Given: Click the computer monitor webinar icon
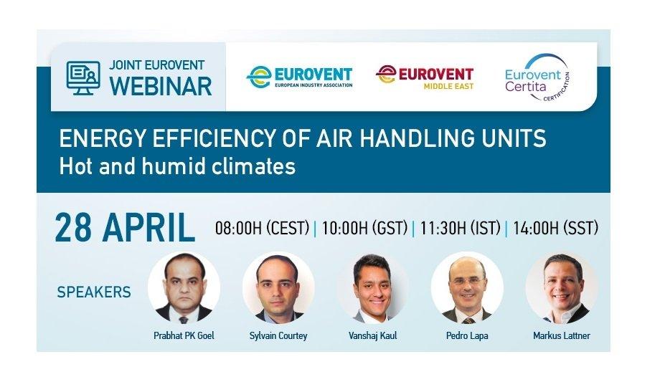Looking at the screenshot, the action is pyautogui.click(x=83, y=78).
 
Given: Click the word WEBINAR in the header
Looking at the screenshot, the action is pyautogui.click(x=161, y=86).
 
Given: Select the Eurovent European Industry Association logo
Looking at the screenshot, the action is pyautogui.click(x=299, y=77).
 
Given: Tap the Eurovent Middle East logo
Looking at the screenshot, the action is pyautogui.click(x=425, y=77).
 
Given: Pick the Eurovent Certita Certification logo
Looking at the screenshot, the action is pyautogui.click(x=537, y=78).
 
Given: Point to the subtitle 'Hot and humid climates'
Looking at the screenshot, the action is pyautogui.click(x=177, y=166).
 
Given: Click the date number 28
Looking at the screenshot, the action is pyautogui.click(x=73, y=228).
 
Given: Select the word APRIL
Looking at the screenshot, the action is pyautogui.click(x=148, y=228).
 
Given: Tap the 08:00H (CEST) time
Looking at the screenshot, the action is pyautogui.click(x=263, y=228).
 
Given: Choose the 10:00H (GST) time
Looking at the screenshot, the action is pyautogui.click(x=364, y=228).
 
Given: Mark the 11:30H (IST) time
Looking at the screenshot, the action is pyautogui.click(x=460, y=228).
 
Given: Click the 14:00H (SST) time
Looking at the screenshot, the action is pyautogui.click(x=555, y=228).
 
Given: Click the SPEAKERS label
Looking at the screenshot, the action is pyautogui.click(x=94, y=292).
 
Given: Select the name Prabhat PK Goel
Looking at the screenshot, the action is pyautogui.click(x=184, y=335).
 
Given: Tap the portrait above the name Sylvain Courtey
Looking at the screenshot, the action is pyautogui.click(x=278, y=288).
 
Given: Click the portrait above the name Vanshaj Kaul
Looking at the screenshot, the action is pyautogui.click(x=372, y=288).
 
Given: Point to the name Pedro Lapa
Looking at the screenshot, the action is pyautogui.click(x=467, y=335).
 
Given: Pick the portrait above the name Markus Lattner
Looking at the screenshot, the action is pyautogui.click(x=562, y=288).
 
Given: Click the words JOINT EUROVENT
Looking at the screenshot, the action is pyautogui.click(x=156, y=65).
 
